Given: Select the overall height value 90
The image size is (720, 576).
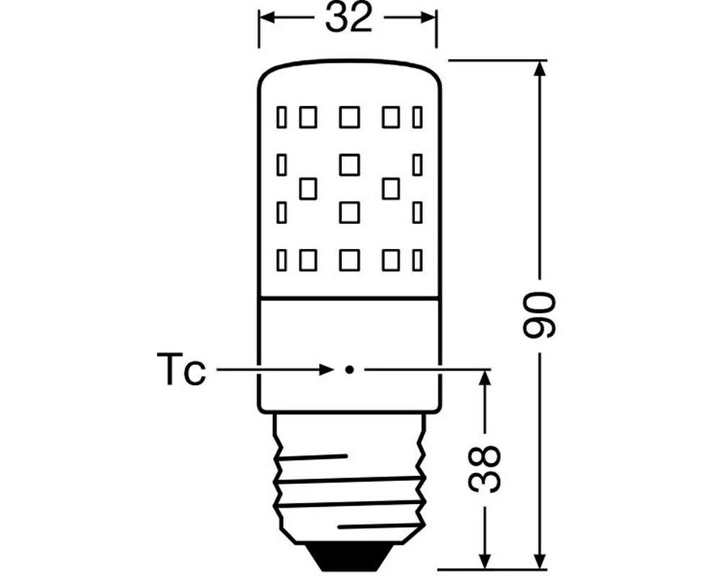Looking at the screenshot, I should tap(539, 315).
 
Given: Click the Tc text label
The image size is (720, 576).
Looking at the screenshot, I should tap(181, 371).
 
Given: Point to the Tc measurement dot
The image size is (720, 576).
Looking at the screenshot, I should tap(348, 370).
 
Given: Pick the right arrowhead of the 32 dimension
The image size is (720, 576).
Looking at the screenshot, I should tap(430, 18).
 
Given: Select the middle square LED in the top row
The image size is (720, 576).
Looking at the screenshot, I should tap(349, 117).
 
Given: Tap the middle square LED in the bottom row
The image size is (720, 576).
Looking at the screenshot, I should tap(349, 260).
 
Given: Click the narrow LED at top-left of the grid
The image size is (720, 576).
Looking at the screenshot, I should tap(282, 117).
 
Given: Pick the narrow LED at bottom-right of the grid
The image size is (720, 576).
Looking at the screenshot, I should tap(417, 260).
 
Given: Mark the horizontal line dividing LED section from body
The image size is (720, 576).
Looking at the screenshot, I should tap(348, 298).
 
